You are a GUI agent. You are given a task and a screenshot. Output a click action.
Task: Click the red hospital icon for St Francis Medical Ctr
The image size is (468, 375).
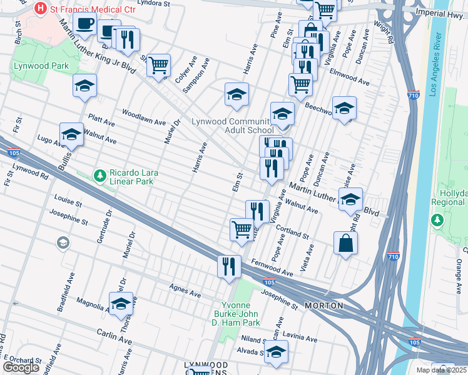click(x=41, y=9)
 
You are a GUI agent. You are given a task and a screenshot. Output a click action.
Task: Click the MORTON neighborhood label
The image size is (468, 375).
click(x=323, y=306)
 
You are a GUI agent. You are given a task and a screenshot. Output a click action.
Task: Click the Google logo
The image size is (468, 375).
click(x=21, y=367)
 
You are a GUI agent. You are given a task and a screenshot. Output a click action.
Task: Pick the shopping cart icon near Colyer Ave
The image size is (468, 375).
click(x=159, y=64)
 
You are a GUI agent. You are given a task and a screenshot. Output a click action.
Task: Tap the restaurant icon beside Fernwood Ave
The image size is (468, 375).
click(x=229, y=266)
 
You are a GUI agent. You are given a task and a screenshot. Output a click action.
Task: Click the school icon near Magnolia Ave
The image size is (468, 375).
click(x=121, y=303)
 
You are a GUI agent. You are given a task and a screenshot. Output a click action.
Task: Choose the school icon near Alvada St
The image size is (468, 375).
click(x=275, y=351)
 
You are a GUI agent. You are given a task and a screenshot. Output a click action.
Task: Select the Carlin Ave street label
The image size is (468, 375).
click(x=114, y=334)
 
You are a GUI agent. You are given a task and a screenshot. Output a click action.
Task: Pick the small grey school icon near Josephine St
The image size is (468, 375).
click(x=63, y=242)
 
